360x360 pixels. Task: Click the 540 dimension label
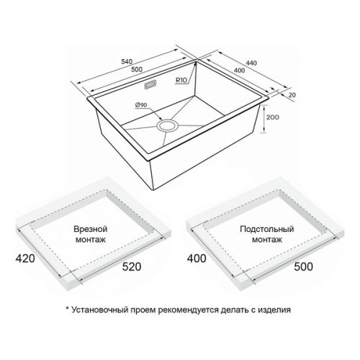pos(127,61)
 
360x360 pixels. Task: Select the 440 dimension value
pos(251,63)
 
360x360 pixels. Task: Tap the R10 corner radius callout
pos(181,80)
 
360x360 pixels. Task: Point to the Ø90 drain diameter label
pos(141,105)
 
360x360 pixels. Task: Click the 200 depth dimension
pos(273,117)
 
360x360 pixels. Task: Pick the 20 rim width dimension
pos(292,95)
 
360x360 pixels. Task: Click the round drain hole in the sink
pos(167,126)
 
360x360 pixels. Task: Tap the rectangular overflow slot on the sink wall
pos(150,85)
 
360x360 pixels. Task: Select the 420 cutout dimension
pos(25,258)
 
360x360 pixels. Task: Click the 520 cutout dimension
pos(132,266)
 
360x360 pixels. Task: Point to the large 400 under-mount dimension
pos(197,258)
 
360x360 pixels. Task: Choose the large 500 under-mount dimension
pos(303,266)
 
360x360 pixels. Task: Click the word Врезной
pos(90,229)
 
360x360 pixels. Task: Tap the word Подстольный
pos(267,229)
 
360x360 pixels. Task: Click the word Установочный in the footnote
pos(100,310)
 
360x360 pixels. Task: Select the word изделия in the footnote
pos(274,310)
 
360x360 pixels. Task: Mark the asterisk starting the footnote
pos(68,308)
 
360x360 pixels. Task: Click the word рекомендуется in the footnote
pos(188,310)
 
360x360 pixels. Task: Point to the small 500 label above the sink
pos(137,70)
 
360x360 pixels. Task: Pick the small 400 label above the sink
pos(239,71)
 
